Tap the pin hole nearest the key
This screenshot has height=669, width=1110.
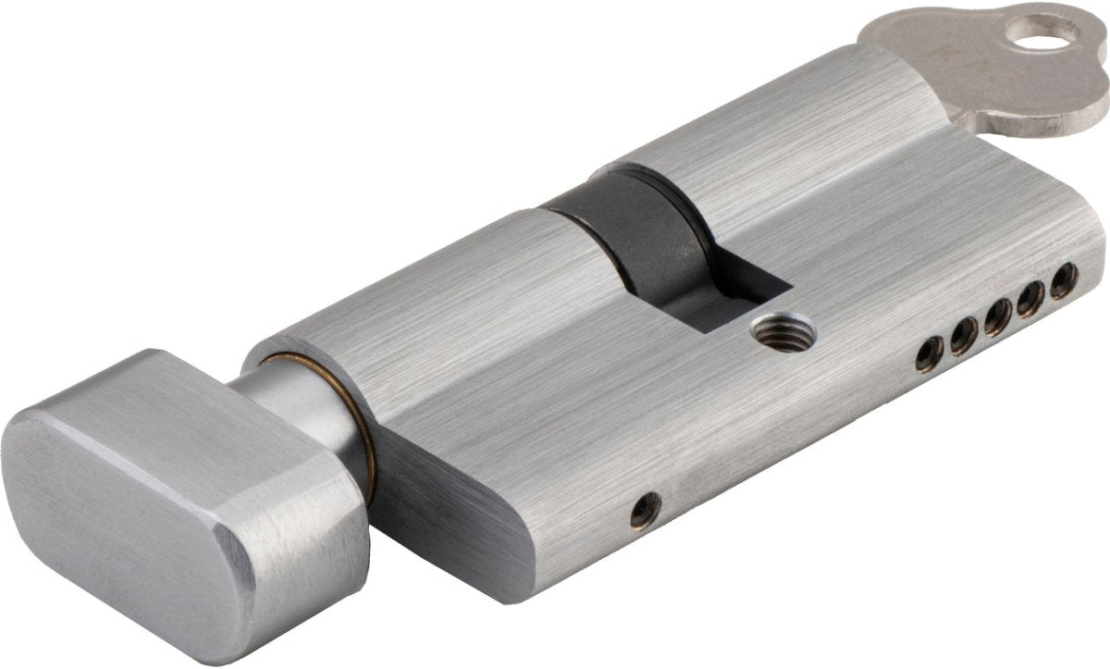pos(1064,279)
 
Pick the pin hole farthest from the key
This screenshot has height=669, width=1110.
pos(930,353)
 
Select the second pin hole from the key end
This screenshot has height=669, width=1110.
pos(1030,298)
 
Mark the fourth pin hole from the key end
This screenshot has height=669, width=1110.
pos(963,337)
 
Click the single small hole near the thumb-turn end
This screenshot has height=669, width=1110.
pos(645,510)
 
